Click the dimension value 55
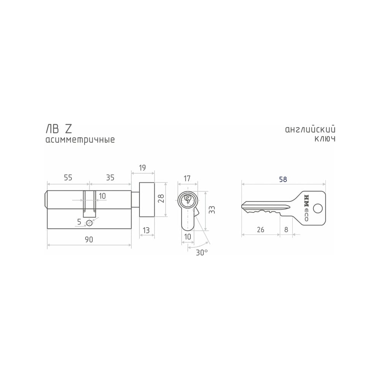point(68,177)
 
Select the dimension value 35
point(110,177)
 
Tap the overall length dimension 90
point(89,239)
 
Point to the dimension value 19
point(142,168)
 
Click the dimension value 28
point(162,198)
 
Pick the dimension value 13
point(146,230)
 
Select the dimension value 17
point(187,179)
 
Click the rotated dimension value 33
point(212,210)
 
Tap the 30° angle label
point(202,253)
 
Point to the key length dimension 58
point(283,179)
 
